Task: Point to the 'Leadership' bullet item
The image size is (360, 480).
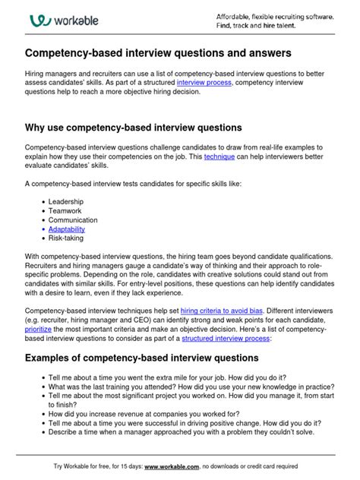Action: point(66,201)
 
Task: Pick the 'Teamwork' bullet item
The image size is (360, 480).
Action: point(66,210)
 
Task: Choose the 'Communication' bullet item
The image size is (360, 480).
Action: point(74,219)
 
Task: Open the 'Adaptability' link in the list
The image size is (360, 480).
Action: point(67,229)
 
